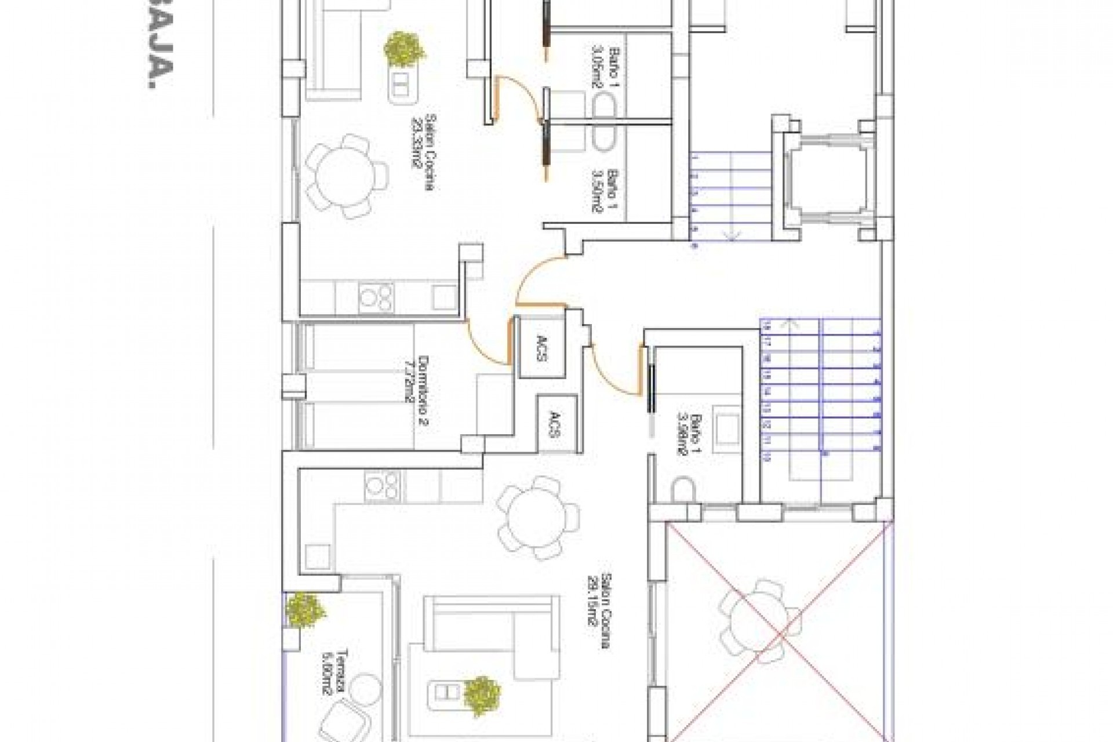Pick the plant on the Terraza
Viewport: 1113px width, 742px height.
click(x=304, y=609)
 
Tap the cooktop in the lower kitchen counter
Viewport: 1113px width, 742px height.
click(x=382, y=486)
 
